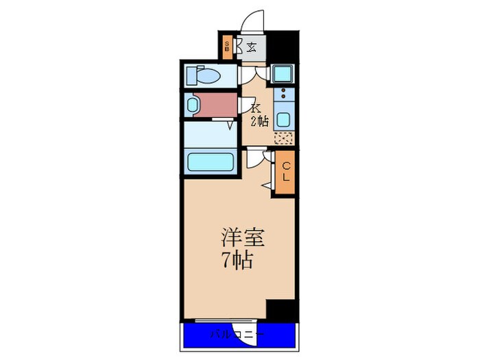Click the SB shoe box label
(x=227, y=47)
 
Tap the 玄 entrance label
(x=252, y=48)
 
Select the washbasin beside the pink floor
(x=191, y=105)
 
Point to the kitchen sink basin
(x=283, y=118)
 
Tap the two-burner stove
(x=283, y=94)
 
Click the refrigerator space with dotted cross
(x=283, y=137)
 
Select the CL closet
(x=285, y=171)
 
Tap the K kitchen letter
(x=255, y=108)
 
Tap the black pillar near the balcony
(x=280, y=309)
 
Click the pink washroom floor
(x=219, y=104)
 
